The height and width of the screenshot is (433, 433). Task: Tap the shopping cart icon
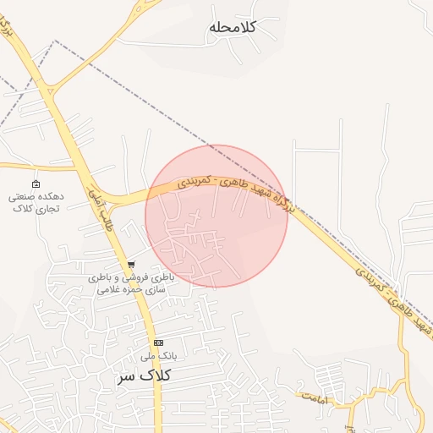(130, 265)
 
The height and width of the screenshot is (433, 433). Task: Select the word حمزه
(137, 289)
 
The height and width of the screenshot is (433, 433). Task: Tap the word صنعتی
(23, 196)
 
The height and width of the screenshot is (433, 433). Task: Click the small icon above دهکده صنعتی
(35, 184)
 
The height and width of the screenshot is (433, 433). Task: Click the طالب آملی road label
(97, 210)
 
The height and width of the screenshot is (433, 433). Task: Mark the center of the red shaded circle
(216, 216)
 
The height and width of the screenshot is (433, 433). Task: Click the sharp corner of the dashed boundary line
(56, 41)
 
